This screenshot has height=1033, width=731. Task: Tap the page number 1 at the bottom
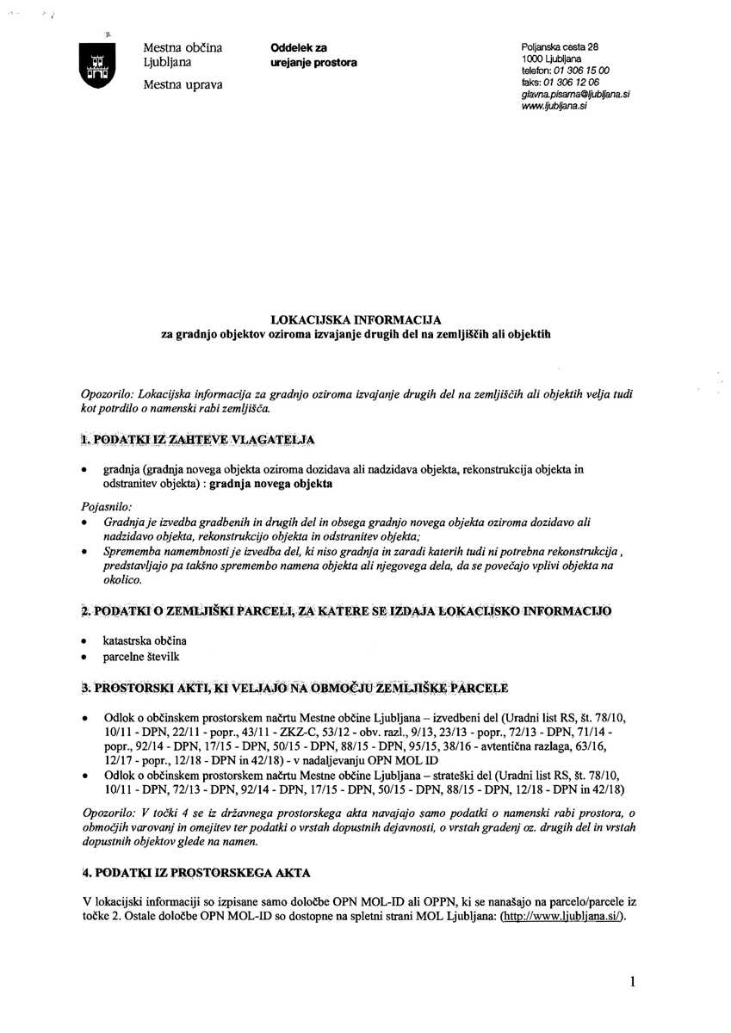point(632,980)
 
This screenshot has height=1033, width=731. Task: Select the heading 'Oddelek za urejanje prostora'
point(313,55)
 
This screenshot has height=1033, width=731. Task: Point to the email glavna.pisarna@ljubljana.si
point(575,95)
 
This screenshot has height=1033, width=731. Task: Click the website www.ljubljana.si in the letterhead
point(554,107)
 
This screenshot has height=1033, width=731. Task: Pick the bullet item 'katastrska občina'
point(145,641)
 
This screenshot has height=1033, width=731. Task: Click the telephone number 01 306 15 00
point(580,70)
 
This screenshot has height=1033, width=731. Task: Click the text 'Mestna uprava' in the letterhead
point(182,84)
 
